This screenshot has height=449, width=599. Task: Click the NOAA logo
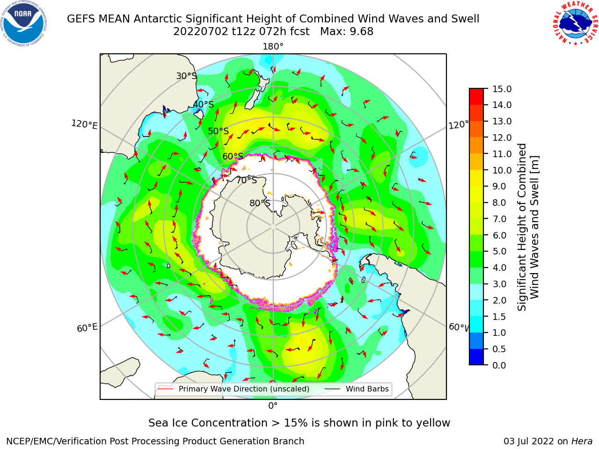24,23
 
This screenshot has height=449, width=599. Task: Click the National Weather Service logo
576,23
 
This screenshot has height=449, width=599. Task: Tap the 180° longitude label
273,47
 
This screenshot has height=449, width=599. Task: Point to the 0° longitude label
273,406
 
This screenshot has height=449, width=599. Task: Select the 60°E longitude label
87,327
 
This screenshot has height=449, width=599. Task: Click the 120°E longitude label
84,124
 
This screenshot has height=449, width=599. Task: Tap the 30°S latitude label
186,76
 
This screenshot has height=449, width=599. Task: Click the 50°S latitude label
219,131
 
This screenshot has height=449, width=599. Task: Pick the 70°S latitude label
247,180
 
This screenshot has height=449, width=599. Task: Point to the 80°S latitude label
260,203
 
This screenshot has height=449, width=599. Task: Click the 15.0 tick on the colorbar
502,89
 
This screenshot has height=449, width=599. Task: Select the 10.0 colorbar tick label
502,170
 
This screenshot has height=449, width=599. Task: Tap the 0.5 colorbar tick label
499,349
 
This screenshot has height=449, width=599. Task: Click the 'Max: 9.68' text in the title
347,32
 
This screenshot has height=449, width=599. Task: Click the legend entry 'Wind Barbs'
367,389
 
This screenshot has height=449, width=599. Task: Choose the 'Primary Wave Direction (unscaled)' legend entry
244,389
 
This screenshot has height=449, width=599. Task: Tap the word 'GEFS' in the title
81,19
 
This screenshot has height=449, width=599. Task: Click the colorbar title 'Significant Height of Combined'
521,227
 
